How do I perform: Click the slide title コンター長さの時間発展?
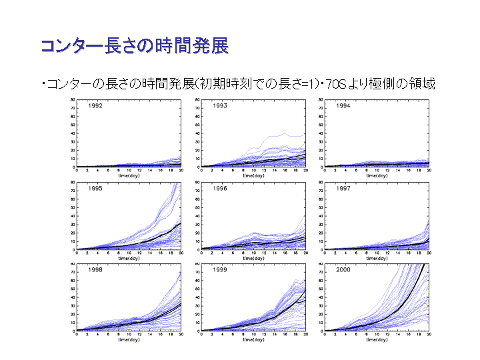pyautogui.click(x=134, y=46)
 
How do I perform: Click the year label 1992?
pyautogui.click(x=97, y=106)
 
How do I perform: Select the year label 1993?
pyautogui.click(x=221, y=106)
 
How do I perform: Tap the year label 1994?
pyautogui.click(x=344, y=106)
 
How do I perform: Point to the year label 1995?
pyautogui.click(x=97, y=188)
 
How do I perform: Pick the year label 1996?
pyautogui.click(x=221, y=188)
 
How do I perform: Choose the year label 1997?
pyautogui.click(x=344, y=188)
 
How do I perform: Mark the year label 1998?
pyautogui.click(x=97, y=270)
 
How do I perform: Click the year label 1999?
pyautogui.click(x=221, y=270)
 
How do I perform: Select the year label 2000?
pyautogui.click(x=344, y=270)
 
